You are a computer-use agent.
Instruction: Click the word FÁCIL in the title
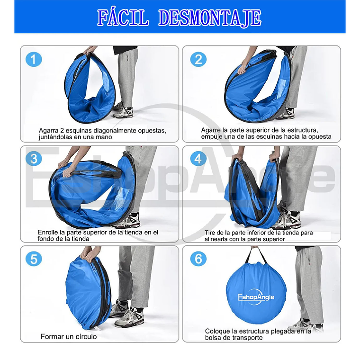tap(123, 18)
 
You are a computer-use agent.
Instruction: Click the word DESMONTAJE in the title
tap(210, 18)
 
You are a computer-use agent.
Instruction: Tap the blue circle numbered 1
tap(34, 59)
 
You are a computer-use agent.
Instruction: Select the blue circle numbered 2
tap(198, 59)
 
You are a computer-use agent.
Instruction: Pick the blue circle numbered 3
tap(34, 159)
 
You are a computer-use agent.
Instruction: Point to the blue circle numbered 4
tap(198, 159)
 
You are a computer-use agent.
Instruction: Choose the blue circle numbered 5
tap(34, 259)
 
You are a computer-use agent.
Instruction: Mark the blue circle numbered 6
tap(198, 259)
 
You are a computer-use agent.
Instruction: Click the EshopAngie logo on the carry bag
tap(256, 298)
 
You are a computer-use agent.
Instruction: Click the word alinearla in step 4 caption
tap(216, 239)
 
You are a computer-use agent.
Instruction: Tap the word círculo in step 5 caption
tap(86, 337)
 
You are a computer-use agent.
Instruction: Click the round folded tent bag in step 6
tap(256, 293)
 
